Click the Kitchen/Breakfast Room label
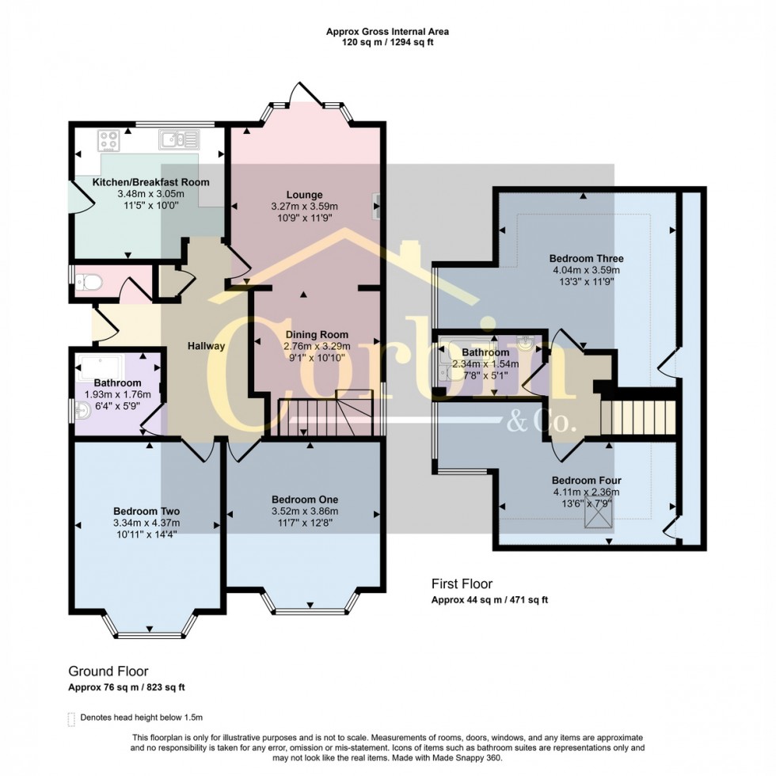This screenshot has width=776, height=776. [150, 182]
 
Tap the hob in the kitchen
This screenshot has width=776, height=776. [108, 140]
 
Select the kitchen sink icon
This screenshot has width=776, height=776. [179, 140]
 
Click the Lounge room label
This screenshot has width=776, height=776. [304, 195]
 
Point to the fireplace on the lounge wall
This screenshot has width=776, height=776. [378, 204]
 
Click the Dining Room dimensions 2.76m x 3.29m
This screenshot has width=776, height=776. [315, 346]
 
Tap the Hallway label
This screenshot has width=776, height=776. [207, 346]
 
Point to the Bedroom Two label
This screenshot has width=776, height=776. [146, 511]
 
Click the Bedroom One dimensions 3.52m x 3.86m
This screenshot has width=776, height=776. [305, 512]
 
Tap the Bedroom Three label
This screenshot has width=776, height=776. [587, 258]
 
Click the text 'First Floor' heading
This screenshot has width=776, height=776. [458, 584]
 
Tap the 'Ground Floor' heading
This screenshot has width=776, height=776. [108, 671]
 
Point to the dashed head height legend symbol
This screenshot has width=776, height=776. [71, 718]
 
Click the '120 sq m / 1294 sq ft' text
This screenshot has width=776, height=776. [388, 43]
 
